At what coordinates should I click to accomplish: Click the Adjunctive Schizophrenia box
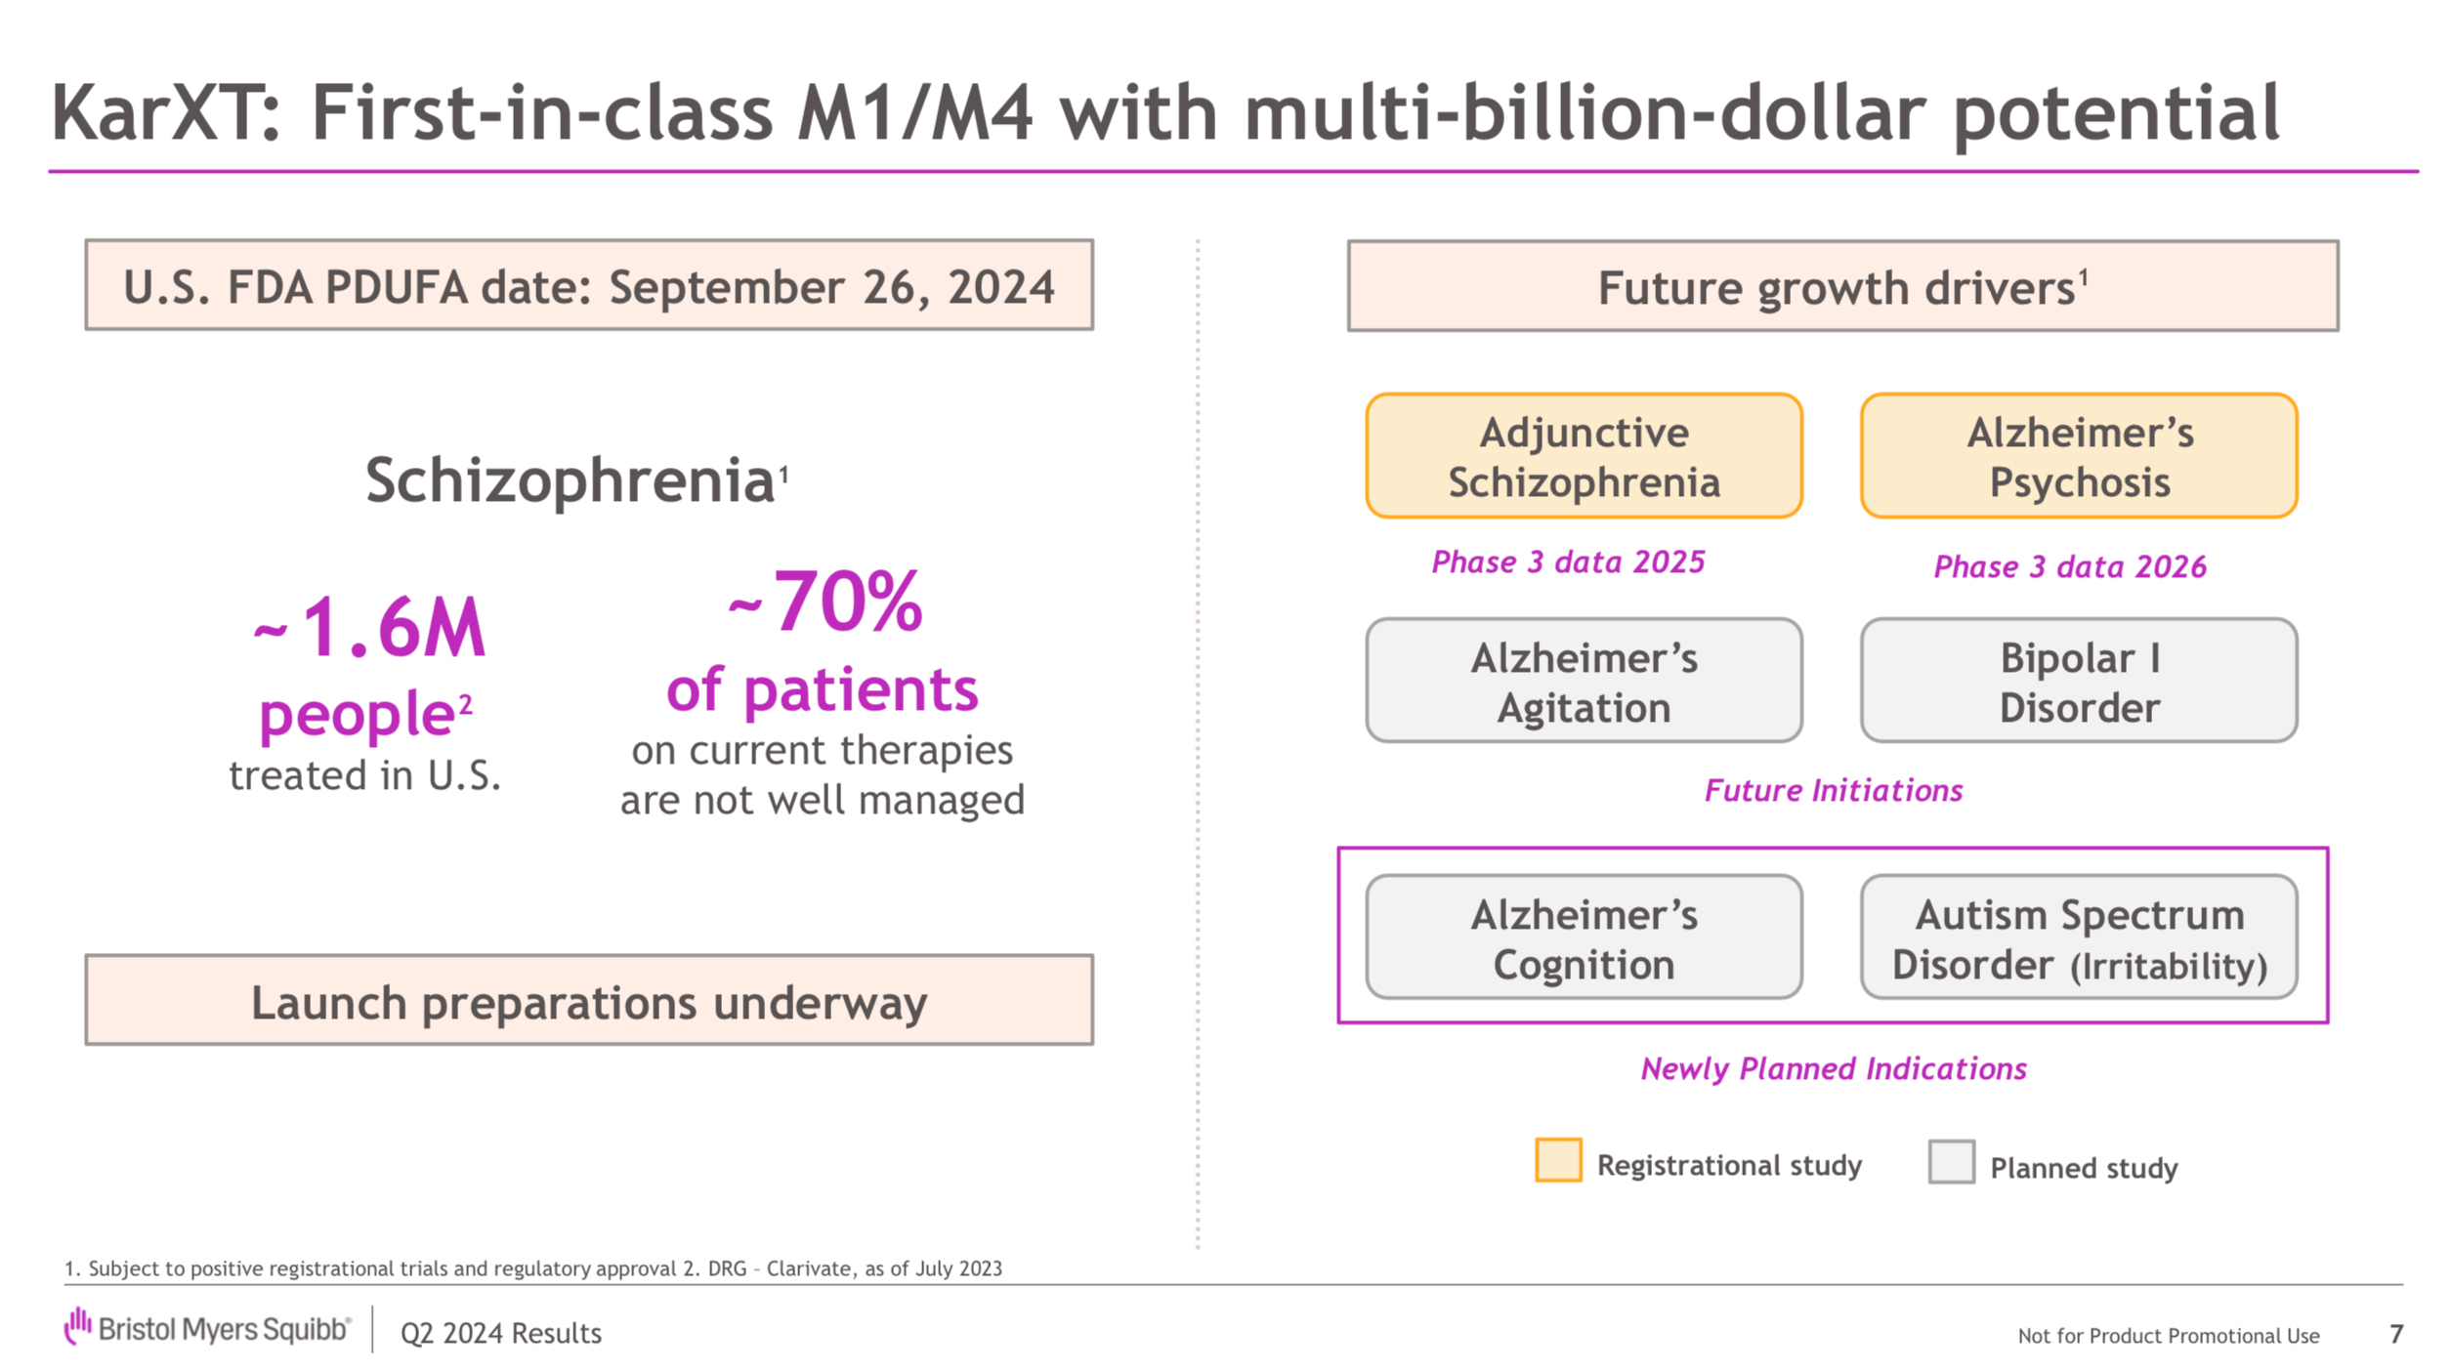(x=1584, y=456)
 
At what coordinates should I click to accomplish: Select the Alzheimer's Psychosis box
(x=2079, y=456)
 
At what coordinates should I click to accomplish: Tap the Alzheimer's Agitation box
(x=1584, y=681)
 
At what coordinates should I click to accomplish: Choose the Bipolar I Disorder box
(x=2079, y=681)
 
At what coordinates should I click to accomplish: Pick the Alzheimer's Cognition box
(x=1584, y=937)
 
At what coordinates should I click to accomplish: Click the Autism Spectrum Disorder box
(x=2079, y=937)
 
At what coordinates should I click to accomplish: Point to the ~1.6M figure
(x=370, y=628)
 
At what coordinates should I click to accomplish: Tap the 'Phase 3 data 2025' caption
(x=1568, y=562)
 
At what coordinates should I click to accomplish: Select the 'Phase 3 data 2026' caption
(x=2069, y=567)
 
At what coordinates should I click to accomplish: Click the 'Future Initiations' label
(x=1834, y=790)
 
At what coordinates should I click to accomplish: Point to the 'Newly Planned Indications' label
(x=1834, y=1068)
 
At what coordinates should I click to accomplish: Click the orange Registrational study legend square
(x=1558, y=1160)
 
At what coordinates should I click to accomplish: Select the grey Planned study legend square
(x=1951, y=1162)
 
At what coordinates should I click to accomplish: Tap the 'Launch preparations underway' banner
(x=589, y=1001)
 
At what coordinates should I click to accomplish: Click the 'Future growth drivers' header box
(x=1842, y=286)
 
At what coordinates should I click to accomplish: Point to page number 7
(x=2395, y=1334)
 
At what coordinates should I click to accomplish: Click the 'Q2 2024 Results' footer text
(x=501, y=1334)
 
